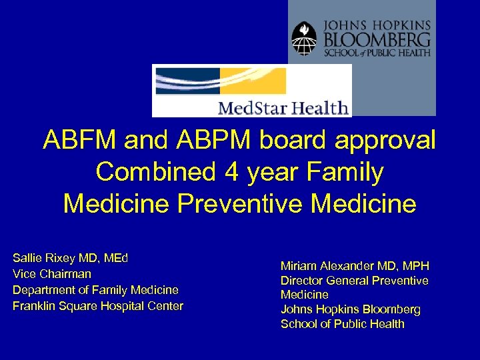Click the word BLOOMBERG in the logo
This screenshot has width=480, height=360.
(377, 38)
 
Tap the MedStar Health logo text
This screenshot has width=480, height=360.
(283, 107)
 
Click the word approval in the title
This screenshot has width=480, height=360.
(383, 141)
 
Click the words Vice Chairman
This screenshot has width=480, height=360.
(52, 274)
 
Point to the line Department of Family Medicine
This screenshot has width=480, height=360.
(95, 290)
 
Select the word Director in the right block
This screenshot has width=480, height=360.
(301, 281)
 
